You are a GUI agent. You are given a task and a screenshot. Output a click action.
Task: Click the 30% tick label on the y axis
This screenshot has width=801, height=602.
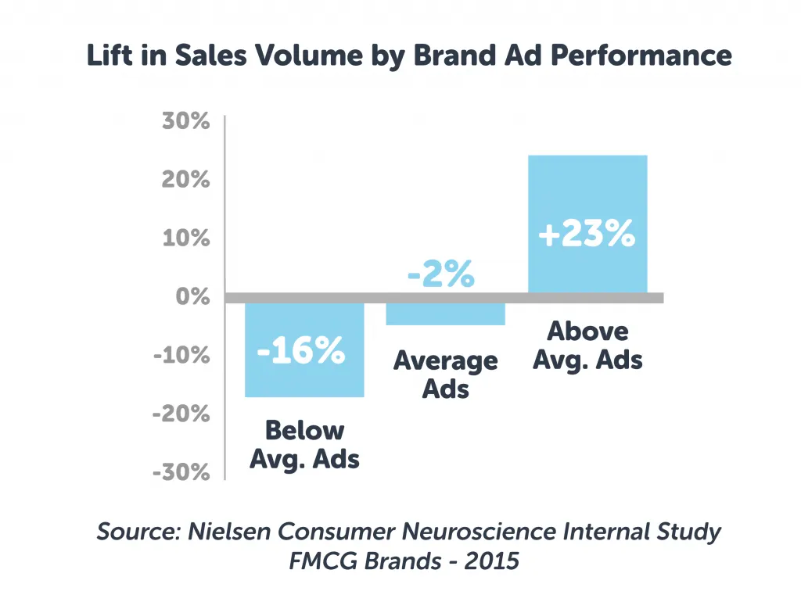click(x=186, y=122)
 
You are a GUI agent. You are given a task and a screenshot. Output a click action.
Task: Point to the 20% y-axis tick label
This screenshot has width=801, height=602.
click(x=186, y=180)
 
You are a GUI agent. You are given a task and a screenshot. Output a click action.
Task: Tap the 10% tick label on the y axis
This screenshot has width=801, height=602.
click(x=186, y=238)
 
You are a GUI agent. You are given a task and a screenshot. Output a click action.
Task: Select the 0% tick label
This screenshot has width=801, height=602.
click(x=192, y=296)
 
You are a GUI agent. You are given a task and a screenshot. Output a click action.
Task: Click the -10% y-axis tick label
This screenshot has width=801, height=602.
click(x=181, y=355)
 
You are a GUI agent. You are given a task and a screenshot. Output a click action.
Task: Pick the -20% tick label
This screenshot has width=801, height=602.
click(x=181, y=414)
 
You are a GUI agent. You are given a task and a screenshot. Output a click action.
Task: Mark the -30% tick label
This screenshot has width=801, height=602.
click(x=181, y=472)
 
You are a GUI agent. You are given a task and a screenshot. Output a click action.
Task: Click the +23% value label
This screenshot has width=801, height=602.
click(x=587, y=235)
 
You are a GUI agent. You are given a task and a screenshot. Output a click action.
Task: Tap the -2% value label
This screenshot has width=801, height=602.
click(x=441, y=275)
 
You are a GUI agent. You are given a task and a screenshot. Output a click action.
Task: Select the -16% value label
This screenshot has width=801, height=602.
click(x=301, y=351)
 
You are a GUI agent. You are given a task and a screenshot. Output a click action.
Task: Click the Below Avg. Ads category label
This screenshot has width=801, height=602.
click(x=304, y=444)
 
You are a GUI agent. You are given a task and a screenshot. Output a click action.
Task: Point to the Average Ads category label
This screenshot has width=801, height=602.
click(x=445, y=374)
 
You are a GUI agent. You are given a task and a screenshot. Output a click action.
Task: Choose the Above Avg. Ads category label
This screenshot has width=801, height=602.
click(x=587, y=345)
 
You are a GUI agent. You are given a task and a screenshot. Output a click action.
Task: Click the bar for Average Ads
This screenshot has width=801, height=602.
click(x=445, y=313)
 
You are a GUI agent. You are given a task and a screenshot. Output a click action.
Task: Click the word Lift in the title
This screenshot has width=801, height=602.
click(x=109, y=56)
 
